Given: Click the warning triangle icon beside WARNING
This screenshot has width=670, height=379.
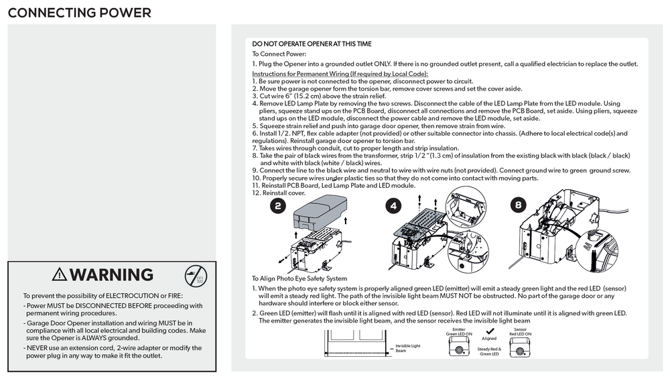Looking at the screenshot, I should point(60,274).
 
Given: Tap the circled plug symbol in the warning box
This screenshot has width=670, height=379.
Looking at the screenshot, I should point(196,274).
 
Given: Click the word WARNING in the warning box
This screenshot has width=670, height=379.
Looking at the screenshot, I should point(111,274).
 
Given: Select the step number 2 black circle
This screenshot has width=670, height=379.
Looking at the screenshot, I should point(278,206).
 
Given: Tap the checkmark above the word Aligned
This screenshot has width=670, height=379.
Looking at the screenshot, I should point(489,331).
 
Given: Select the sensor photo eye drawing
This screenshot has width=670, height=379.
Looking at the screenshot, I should point(520,349).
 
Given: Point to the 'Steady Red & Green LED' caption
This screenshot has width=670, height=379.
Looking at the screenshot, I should point(489,351).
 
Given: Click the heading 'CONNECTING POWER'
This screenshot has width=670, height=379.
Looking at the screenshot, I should point(79,13).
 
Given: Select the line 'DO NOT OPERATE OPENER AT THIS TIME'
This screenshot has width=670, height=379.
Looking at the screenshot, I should point(312,44).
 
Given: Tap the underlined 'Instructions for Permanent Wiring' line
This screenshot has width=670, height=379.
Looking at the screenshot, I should point(340,73).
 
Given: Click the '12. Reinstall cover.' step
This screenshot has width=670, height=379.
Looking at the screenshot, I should point(278,193).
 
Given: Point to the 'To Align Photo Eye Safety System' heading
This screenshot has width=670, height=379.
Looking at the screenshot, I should point(299,278).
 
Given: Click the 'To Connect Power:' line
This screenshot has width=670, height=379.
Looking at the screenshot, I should point(279,54).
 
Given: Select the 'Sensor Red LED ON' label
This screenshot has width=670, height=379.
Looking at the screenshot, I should point(520,331).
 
